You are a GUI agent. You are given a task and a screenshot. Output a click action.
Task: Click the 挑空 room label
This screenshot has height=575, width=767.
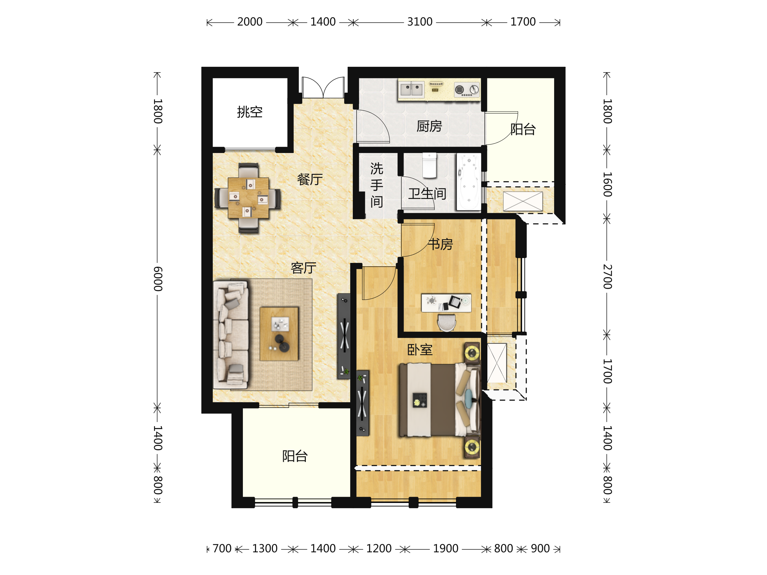[250, 112]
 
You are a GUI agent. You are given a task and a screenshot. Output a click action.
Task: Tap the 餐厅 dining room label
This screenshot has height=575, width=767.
[310, 180]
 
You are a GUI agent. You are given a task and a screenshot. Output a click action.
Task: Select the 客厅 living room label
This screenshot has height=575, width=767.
[303, 268]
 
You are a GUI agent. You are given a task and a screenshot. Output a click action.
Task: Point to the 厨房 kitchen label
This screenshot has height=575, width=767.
[429, 126]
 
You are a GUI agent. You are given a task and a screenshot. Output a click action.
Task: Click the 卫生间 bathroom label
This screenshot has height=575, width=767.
[427, 194]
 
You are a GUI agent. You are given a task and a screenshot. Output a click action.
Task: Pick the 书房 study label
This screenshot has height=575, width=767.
[440, 244]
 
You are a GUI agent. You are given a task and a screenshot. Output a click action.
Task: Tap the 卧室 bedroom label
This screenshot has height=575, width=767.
[420, 350]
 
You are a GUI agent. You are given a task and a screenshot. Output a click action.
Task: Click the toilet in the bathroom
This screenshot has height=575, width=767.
[429, 165]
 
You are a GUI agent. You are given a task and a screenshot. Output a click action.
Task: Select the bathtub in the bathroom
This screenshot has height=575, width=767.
[469, 182]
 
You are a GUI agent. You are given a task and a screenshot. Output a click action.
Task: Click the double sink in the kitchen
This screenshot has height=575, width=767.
[411, 89]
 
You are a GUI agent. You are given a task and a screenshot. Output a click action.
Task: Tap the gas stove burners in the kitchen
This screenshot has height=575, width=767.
[467, 90]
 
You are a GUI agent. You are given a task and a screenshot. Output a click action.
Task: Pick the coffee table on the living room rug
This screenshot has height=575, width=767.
[279, 334]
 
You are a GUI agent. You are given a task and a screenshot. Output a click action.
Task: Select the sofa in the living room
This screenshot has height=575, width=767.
[231, 335]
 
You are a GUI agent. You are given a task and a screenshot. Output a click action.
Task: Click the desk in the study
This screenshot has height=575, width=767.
[446, 303]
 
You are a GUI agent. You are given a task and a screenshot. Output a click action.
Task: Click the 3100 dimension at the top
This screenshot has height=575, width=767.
[420, 22]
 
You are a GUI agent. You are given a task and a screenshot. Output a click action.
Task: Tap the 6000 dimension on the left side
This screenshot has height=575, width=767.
[158, 279]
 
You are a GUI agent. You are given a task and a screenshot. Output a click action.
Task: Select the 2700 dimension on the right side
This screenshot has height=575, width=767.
[607, 277]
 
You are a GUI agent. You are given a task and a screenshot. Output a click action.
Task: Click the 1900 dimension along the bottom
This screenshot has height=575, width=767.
[445, 549]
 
